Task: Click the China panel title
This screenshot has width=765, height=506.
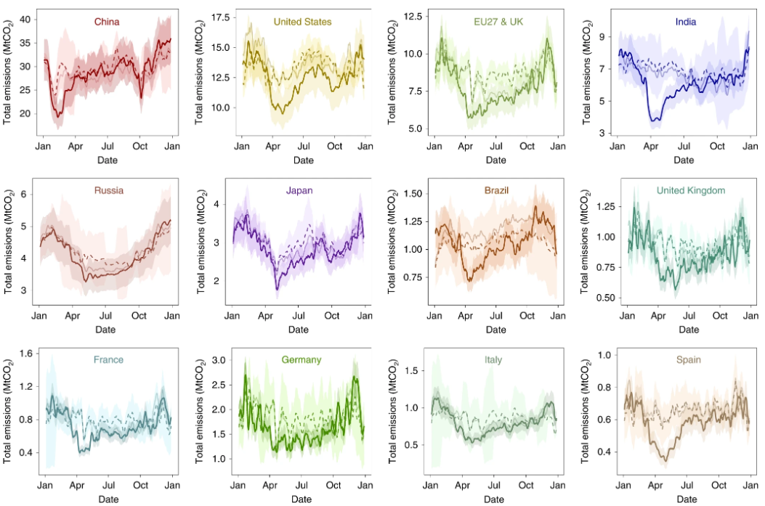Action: click(107, 22)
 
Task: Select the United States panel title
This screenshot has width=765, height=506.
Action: click(302, 22)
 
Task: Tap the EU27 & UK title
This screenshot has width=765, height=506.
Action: click(496, 22)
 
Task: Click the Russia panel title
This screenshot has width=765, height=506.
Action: click(108, 191)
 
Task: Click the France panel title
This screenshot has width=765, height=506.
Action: click(108, 359)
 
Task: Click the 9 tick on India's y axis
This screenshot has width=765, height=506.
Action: click(604, 36)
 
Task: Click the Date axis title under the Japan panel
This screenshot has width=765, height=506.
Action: click(299, 330)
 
